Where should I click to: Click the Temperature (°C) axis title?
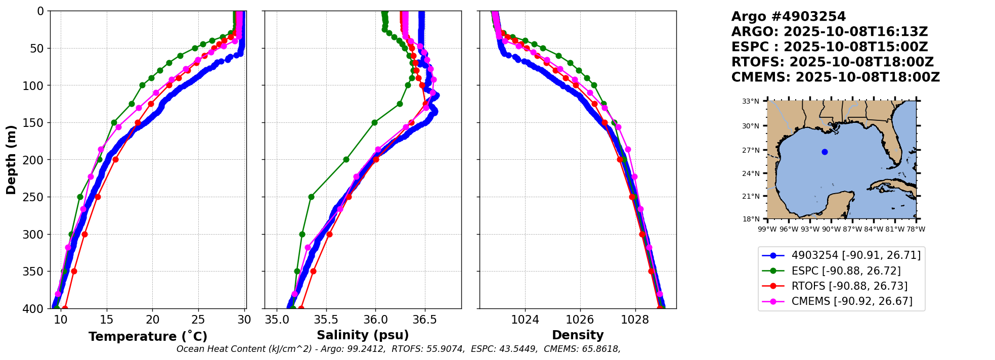coord(148,336)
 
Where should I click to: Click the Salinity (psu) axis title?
coord(363,335)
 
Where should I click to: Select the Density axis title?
coord(578,335)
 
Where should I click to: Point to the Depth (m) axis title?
coord(11,160)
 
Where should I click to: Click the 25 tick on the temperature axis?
coord(199,320)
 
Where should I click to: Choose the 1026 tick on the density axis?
coord(580,320)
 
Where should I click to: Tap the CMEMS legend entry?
coord(852,301)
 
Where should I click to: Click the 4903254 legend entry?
coord(856,255)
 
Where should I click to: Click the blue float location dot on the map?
coord(825,152)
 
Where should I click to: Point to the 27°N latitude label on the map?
coord(751,150)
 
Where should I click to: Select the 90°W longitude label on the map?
coord(831,229)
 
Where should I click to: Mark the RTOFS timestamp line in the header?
coord(832,62)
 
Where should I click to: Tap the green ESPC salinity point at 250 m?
coord(311,197)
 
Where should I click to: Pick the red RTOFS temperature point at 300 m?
coord(84,234)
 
